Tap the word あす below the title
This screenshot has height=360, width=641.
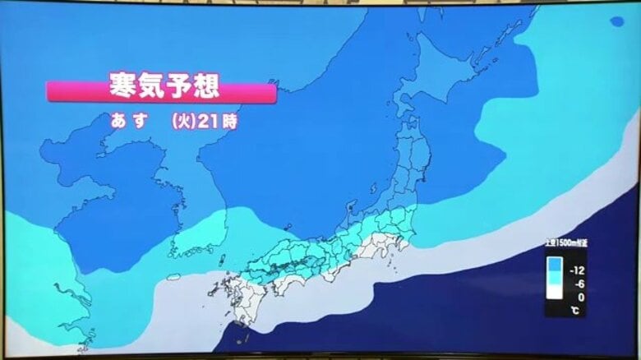129,121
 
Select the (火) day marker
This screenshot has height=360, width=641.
182,122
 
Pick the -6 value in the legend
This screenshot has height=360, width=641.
579,284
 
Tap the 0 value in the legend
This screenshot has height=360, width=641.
581,297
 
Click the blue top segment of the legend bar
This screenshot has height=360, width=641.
555,264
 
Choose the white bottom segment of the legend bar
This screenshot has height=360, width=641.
555,291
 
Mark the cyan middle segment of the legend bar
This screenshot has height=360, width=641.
555,278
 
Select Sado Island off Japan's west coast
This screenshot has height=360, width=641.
352,204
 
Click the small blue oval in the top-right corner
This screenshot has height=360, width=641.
616,21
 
